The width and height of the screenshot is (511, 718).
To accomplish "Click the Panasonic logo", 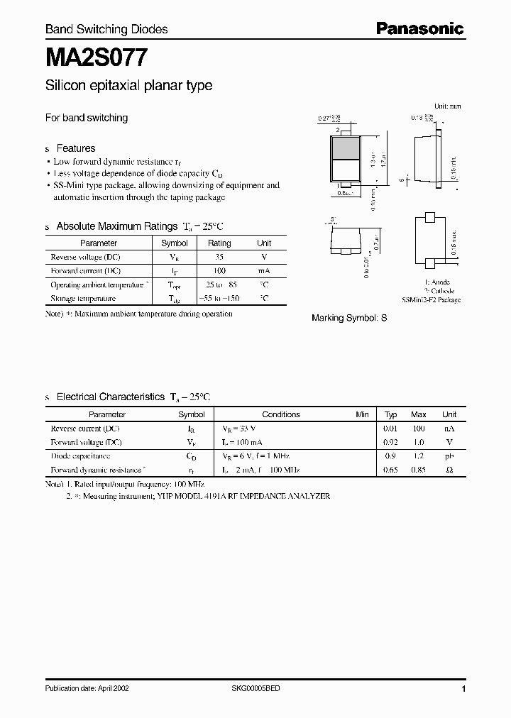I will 419,28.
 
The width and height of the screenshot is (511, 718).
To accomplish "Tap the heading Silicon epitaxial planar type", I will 128,86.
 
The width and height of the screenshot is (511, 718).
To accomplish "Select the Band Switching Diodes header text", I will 106,29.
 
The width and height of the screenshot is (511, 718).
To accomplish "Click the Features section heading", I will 75,148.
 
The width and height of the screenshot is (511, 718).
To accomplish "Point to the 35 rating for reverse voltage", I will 219,256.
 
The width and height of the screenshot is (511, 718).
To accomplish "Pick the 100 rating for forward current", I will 219,270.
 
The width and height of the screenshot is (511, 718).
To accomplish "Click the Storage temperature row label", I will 83,299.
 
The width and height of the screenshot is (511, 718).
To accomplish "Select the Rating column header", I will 219,243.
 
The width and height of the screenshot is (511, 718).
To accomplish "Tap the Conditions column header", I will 281,414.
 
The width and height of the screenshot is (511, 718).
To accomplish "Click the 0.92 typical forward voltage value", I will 390,442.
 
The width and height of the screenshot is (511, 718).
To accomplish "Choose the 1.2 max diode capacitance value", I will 419,456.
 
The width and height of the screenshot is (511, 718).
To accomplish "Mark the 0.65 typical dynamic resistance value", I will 390,470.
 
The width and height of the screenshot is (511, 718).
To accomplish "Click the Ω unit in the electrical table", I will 449,470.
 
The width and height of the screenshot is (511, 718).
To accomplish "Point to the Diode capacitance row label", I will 80,456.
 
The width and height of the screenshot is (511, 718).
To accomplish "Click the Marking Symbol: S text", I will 349,318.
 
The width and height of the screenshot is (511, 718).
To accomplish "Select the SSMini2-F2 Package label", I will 432,300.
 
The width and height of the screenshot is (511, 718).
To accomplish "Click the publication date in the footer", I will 87,689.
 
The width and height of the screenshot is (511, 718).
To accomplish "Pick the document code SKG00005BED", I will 256,689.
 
